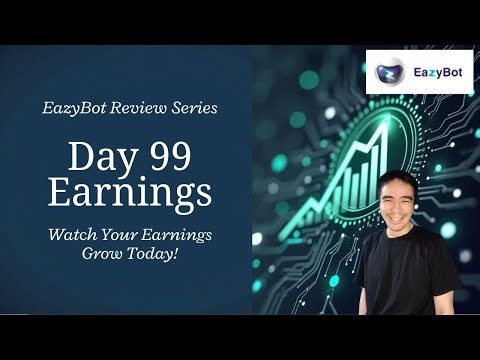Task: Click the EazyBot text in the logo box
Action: coord(434,71)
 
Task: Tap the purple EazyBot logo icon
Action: coord(391,72)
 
